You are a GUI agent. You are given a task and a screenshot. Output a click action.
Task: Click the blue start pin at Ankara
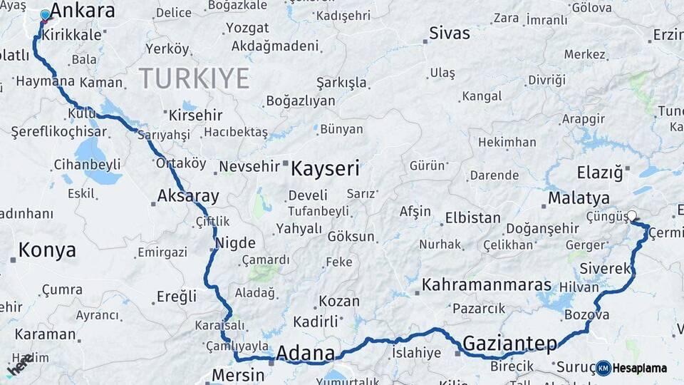(x=46, y=15)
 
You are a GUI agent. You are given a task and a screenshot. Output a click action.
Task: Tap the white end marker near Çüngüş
(x=631, y=215)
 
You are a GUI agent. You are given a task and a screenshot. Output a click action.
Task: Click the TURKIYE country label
(x=194, y=78)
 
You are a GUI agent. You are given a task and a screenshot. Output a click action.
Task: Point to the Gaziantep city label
(x=510, y=344)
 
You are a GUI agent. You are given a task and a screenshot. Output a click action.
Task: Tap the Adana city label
(x=305, y=353)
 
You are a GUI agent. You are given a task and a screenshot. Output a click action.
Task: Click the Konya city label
(x=47, y=250)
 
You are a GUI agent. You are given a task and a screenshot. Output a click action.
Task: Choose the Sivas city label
(x=450, y=34)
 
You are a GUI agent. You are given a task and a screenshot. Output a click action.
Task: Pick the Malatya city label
(x=579, y=197)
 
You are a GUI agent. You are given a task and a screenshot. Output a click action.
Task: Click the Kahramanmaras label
(x=487, y=285)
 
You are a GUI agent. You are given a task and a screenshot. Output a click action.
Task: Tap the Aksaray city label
(x=188, y=196)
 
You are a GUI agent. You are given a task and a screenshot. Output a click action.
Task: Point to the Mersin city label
(x=239, y=375)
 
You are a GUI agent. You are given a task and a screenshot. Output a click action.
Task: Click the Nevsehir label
(x=247, y=166)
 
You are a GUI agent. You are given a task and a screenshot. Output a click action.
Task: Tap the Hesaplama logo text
(x=640, y=368)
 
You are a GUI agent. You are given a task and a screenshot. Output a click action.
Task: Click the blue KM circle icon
(x=603, y=368)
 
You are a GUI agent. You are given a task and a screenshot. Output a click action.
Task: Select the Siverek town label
(x=606, y=268)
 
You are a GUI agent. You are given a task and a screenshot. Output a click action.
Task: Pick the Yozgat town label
(x=247, y=29)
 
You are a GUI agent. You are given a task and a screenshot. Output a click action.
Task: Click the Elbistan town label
(x=472, y=217)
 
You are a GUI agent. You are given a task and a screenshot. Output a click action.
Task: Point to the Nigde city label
(x=235, y=242)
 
